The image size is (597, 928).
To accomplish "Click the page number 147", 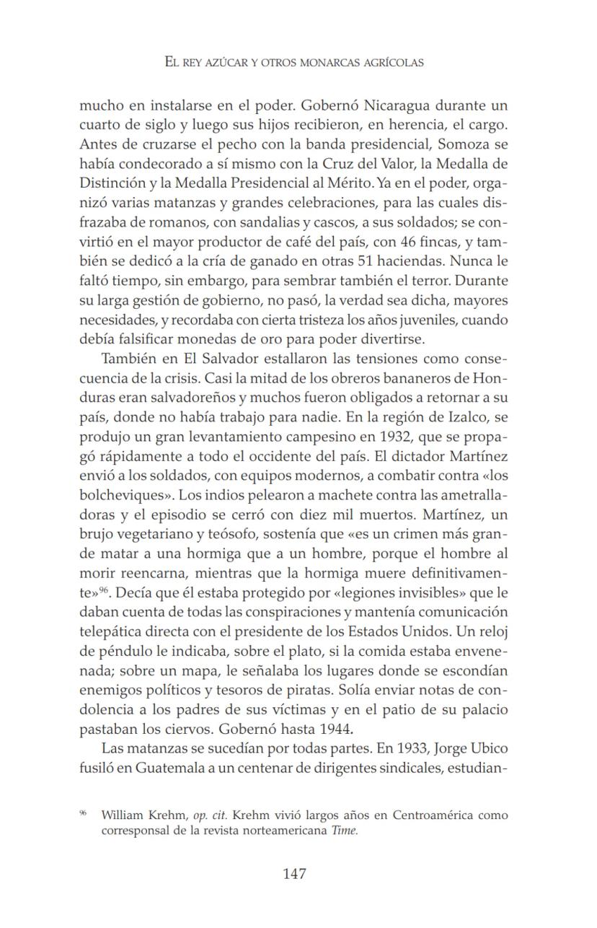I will [x=294, y=874].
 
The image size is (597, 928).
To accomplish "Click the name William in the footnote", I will [x=123, y=815].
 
